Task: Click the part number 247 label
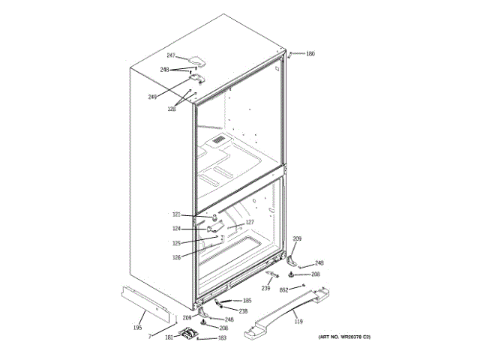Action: [170, 56]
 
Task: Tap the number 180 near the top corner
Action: [310, 54]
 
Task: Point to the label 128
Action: [172, 109]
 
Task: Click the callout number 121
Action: [176, 215]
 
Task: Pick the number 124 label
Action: [176, 229]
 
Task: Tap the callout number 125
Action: [176, 243]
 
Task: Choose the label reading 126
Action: [176, 258]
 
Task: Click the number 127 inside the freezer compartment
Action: [250, 223]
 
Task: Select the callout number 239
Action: [265, 288]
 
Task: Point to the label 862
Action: [284, 289]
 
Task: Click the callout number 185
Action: [247, 301]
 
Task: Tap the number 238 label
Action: [243, 311]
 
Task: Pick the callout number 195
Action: [137, 328]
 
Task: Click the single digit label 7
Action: [149, 337]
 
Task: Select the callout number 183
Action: [222, 338]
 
